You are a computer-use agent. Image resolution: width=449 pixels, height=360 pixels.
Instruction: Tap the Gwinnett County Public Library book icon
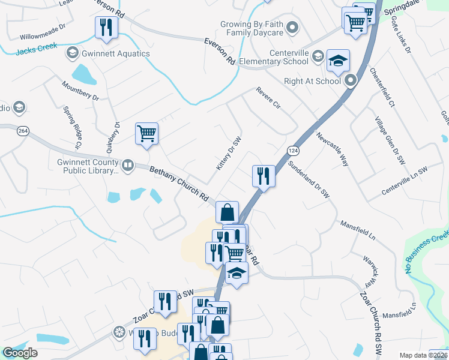(x=127, y=165)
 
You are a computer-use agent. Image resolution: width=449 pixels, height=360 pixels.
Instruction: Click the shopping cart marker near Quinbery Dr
(x=146, y=134)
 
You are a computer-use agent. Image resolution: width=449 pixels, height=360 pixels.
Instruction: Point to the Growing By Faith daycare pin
(x=292, y=26)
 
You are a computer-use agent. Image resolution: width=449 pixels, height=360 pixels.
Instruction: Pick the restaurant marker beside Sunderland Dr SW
(x=263, y=176)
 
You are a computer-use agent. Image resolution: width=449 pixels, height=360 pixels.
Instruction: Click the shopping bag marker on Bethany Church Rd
(x=227, y=212)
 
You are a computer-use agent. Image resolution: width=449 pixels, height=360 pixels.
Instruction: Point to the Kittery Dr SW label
(x=229, y=154)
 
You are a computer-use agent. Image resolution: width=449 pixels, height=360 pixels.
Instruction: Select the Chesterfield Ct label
(x=382, y=88)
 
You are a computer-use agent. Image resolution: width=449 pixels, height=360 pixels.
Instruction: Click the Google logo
(x=20, y=353)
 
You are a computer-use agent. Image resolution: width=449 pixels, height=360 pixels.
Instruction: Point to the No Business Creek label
(x=427, y=253)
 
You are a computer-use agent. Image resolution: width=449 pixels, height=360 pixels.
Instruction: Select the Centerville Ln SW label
(x=405, y=181)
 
